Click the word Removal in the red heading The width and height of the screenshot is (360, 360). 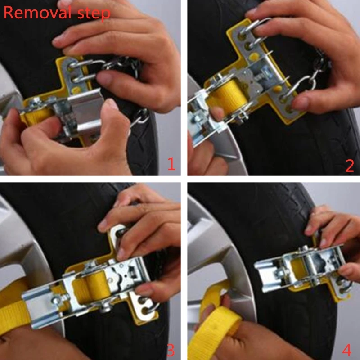(x=38, y=13)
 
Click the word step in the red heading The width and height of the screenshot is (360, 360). (x=94, y=14)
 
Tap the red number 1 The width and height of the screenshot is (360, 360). (x=172, y=164)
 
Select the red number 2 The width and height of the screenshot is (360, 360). (x=350, y=166)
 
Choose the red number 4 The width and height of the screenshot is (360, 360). (x=347, y=350)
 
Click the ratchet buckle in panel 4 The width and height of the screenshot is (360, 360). (x=298, y=269)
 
